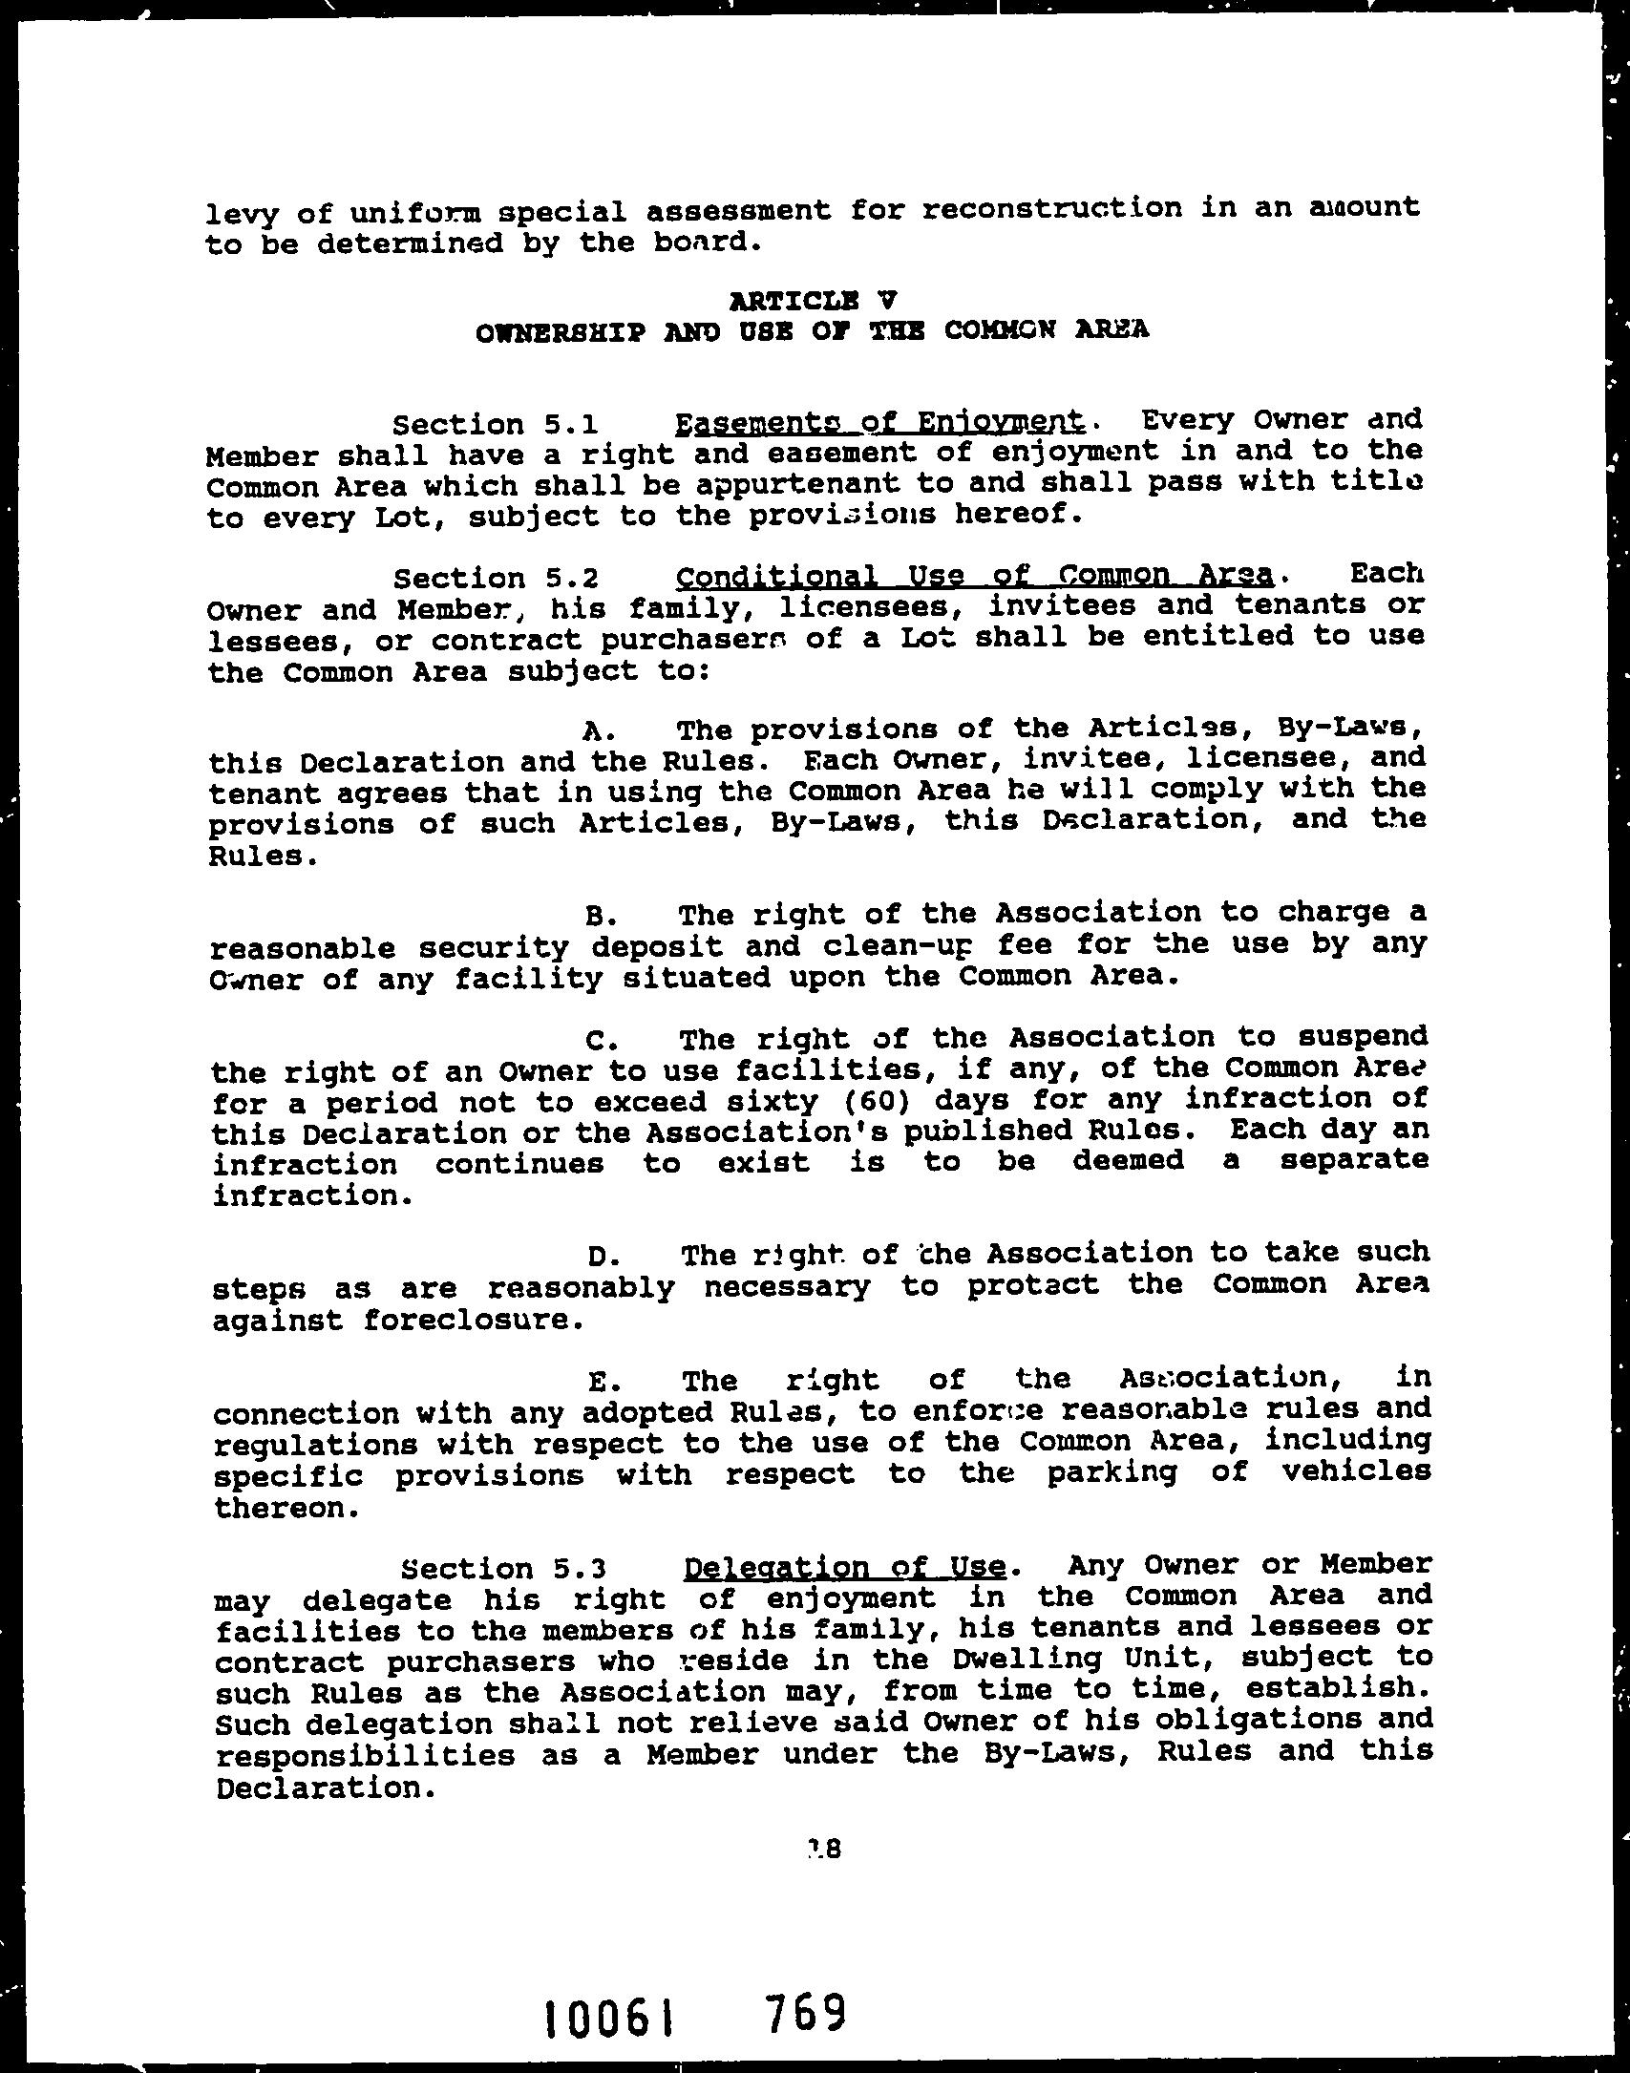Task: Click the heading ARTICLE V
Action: [813, 301]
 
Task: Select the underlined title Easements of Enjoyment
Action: [879, 421]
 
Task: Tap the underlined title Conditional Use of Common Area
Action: [974, 576]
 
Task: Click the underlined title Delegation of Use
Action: [845, 1567]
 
